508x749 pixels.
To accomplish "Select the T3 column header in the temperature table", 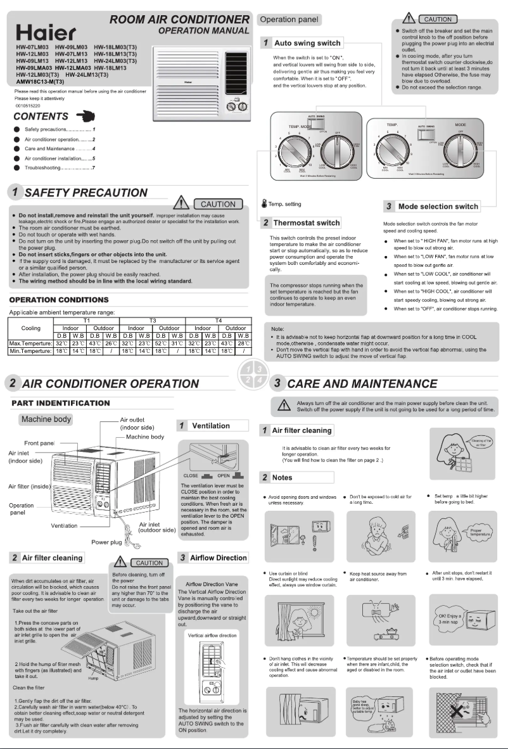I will point(153,321).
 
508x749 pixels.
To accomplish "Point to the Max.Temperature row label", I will point(31,343).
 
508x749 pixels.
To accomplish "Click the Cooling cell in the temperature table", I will point(31,328).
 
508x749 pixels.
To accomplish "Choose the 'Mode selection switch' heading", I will point(438,207).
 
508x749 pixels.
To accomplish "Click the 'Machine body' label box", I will point(46,419).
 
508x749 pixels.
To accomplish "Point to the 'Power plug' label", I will point(106,542).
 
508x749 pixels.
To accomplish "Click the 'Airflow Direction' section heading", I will point(218,557).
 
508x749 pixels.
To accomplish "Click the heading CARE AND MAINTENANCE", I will point(362,383).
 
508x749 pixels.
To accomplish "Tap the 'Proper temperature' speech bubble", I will point(478,531).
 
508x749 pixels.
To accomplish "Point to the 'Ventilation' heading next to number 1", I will point(210,425).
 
